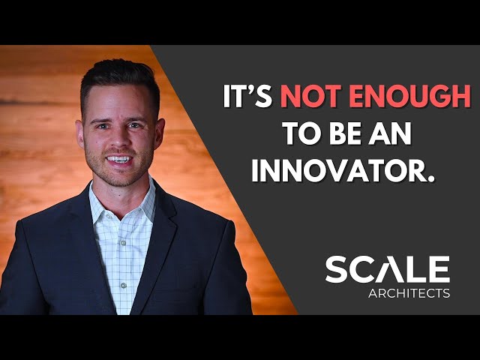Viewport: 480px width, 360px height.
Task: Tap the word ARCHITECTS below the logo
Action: click(409, 293)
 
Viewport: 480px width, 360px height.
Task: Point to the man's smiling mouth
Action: click(119, 160)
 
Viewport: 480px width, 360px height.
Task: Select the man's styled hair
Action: click(120, 79)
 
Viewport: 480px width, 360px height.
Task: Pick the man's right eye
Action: click(102, 124)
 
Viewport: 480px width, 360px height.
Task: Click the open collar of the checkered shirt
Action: click(120, 206)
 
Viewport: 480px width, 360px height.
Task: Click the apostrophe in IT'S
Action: click(259, 90)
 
